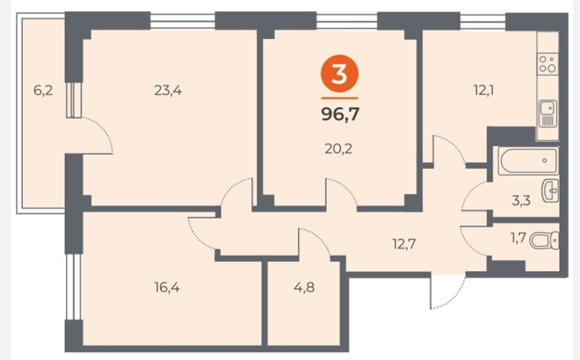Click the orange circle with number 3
[339, 74]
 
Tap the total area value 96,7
[340, 114]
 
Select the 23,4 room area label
[168, 90]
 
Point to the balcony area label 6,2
[43, 90]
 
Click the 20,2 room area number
[338, 149]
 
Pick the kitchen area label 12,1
[484, 90]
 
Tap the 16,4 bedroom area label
[167, 287]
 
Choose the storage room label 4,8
[304, 287]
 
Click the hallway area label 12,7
[404, 244]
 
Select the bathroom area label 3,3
[521, 201]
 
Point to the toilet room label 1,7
[518, 238]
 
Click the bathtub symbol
[528, 160]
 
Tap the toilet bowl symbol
[545, 241]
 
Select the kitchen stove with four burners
[548, 64]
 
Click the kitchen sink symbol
[548, 114]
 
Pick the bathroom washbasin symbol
[550, 191]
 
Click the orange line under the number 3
[340, 99]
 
